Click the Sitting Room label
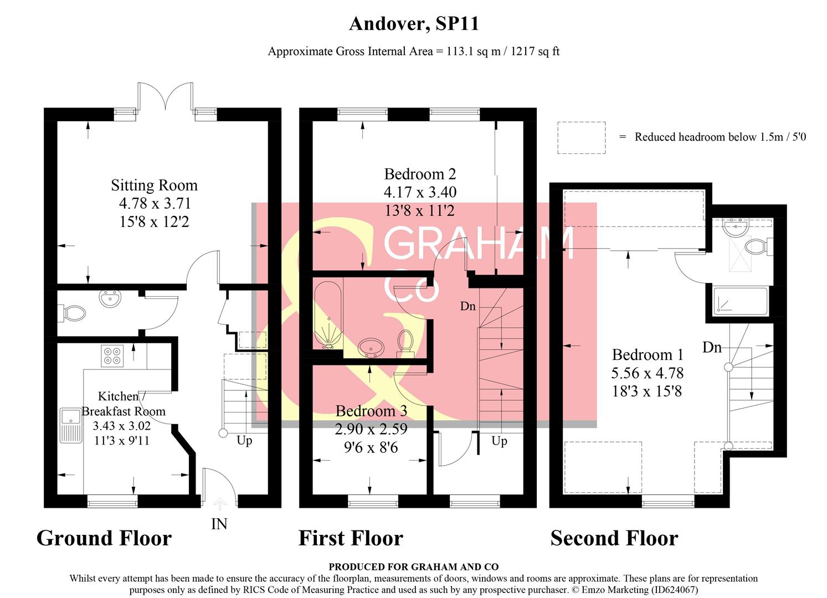pos(155,185)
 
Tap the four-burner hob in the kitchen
pos(112,355)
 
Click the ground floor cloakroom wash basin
pos(110,298)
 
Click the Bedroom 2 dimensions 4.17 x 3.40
pos(420,192)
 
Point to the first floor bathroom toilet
pos(405,343)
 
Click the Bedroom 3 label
pos(371,411)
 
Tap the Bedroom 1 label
pos(648,355)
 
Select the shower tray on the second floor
pos(741,301)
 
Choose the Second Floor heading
pos(614,538)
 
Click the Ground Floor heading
pos(104,538)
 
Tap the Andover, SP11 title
pos(413,24)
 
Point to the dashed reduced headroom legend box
pos(582,138)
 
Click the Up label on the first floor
pos(499,441)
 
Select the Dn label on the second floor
pos(712,347)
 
